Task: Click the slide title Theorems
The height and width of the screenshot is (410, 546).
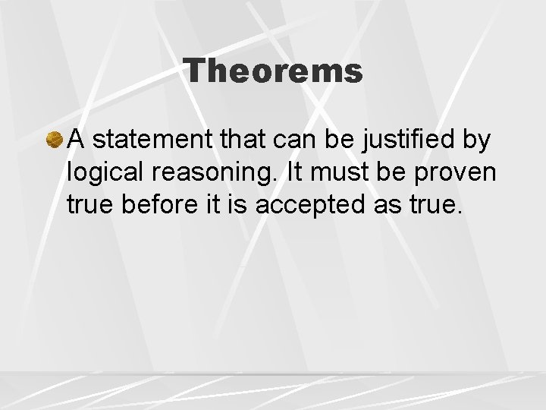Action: pos(274,71)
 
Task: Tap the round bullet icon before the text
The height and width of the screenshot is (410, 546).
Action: pos(55,140)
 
